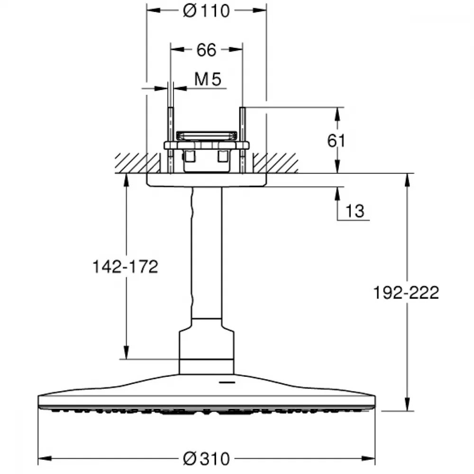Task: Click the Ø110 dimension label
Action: pyautogui.click(x=207, y=11)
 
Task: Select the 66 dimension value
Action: pyautogui.click(x=207, y=50)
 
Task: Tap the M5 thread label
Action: pyautogui.click(x=208, y=79)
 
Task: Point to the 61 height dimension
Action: pyautogui.click(x=336, y=141)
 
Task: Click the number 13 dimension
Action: pyautogui.click(x=355, y=211)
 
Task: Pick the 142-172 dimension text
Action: pyautogui.click(x=125, y=266)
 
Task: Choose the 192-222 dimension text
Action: pyautogui.click(x=406, y=292)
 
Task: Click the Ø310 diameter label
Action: pyautogui.click(x=207, y=458)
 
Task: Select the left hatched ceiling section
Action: pyautogui.click(x=137, y=163)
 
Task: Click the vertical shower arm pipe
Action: pyautogui.click(x=207, y=253)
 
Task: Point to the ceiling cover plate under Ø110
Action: pyautogui.click(x=207, y=180)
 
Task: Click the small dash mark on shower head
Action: pyautogui.click(x=227, y=383)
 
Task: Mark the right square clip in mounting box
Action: pyautogui.click(x=223, y=156)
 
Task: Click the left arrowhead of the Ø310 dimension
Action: pyautogui.click(x=45, y=458)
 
